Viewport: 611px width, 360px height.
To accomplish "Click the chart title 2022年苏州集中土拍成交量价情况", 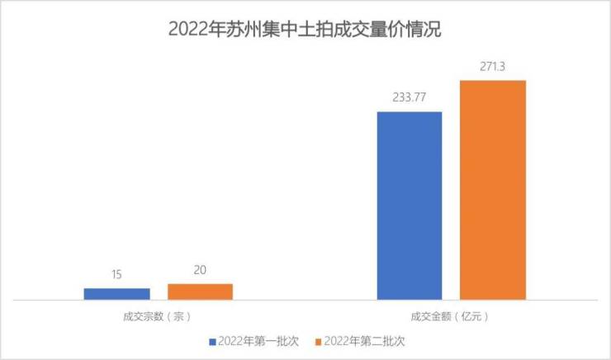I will [x=305, y=30].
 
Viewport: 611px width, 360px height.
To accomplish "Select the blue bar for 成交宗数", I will [x=116, y=293].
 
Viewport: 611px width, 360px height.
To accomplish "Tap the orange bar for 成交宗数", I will [x=200, y=291].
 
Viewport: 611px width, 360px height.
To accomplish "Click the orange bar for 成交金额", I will [x=492, y=190].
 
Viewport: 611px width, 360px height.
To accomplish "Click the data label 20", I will [x=200, y=271].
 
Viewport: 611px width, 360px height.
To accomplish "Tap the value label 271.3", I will [x=492, y=67].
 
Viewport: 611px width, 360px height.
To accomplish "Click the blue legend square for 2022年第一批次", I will [x=213, y=340].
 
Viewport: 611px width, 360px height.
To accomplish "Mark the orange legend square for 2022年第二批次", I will [x=317, y=340].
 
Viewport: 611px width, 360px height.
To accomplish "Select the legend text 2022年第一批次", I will [x=258, y=340].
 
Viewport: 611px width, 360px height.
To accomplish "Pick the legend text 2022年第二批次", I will [x=363, y=340].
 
